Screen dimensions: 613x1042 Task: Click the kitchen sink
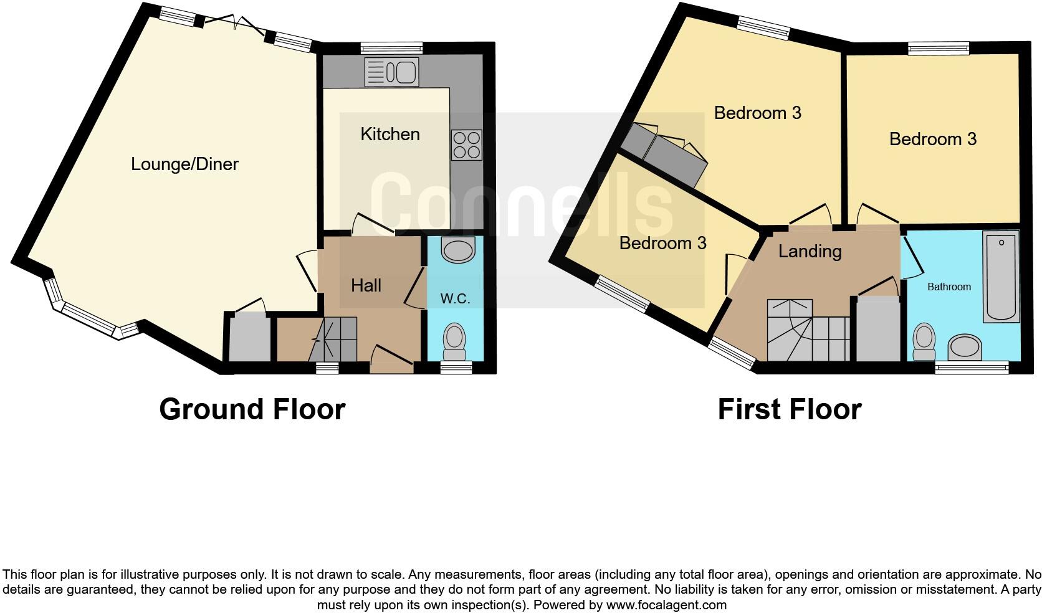tap(391, 72)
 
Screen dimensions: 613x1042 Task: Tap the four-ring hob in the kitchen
tap(466, 145)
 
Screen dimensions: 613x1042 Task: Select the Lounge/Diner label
tap(184, 164)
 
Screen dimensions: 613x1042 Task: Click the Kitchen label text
tap(390, 134)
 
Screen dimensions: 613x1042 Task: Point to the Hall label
tap(366, 285)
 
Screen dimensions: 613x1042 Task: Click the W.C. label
tap(455, 298)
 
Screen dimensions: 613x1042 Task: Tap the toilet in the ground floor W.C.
tap(454, 340)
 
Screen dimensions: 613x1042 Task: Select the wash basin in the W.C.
tap(457, 250)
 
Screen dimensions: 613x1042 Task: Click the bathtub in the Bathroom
tap(1001, 277)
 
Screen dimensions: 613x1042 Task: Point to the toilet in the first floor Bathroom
tap(924, 342)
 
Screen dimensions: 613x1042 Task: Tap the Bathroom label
tap(949, 287)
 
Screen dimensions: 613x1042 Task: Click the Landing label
tap(810, 251)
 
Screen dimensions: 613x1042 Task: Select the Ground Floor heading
tap(252, 409)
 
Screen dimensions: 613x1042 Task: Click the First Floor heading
tap(789, 409)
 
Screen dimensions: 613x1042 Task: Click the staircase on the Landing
tap(808, 331)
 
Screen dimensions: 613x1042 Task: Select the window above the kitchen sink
tap(391, 48)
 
